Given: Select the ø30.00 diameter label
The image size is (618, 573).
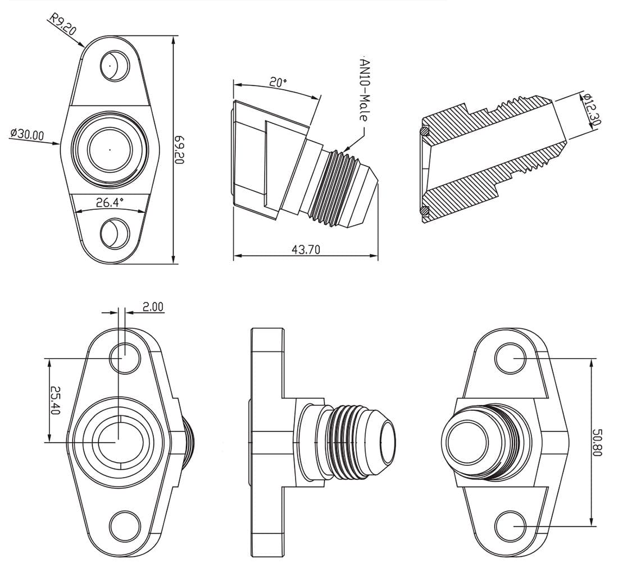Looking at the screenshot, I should point(26,134).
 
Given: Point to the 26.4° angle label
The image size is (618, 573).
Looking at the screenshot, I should point(110,203).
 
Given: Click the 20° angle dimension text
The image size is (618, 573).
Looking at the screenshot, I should point(278,82).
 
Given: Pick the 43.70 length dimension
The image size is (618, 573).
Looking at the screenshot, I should point(306,250).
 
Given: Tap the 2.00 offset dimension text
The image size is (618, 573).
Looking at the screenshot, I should point(152,306).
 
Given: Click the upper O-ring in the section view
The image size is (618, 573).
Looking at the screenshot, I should point(425,131).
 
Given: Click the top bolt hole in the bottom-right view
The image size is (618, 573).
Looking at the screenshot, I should point(510,357).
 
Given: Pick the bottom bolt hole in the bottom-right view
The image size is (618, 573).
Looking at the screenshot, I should point(510,525).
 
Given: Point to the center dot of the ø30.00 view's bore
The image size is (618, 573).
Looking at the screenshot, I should point(110,150).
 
